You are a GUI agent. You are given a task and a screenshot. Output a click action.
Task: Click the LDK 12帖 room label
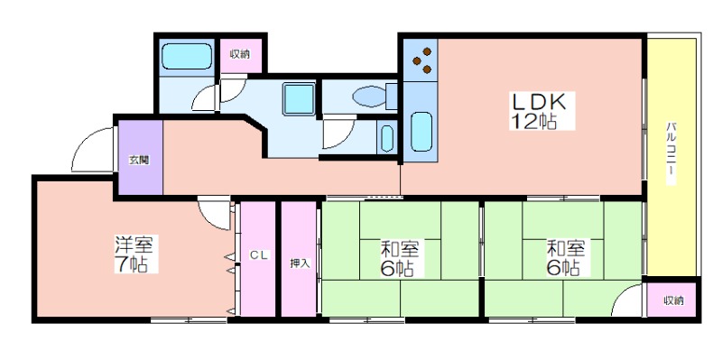point(542,111)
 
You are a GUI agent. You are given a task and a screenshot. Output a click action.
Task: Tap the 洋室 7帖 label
point(136,254)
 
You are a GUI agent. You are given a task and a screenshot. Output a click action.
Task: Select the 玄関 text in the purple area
point(139,162)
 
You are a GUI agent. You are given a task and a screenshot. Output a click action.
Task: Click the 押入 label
point(301,263)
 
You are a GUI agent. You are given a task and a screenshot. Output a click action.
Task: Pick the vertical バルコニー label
point(671,152)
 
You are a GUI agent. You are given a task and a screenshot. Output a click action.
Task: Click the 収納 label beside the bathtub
point(240,54)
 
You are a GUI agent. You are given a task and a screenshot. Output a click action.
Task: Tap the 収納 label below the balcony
point(673,301)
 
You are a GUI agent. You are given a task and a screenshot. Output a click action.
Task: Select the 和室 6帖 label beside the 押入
point(399,258)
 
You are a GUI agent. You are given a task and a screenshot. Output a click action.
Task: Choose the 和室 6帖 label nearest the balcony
point(566,258)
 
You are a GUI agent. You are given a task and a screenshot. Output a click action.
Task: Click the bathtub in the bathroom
point(187,57)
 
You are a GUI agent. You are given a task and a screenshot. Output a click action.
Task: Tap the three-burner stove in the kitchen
point(422,60)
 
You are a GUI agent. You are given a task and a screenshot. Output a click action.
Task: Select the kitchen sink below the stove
point(421,131)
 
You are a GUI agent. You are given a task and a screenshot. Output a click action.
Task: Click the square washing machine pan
point(300,99)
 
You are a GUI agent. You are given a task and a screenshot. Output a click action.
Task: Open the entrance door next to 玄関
point(93,150)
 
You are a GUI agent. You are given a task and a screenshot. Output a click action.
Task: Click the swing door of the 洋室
point(215,213)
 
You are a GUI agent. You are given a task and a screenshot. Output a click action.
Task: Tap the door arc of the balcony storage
point(627,300)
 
